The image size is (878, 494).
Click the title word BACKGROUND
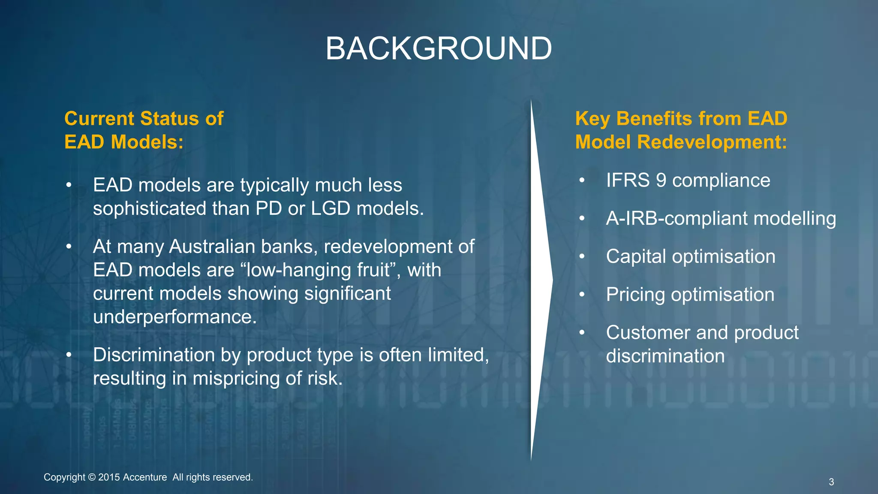(x=439, y=48)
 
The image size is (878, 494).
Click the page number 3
(x=831, y=482)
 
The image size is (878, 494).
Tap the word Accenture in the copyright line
(x=145, y=477)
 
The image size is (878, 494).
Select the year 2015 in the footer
(x=109, y=477)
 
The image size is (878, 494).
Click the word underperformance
(x=175, y=317)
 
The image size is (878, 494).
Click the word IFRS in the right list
(x=628, y=180)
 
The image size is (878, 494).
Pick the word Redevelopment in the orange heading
(x=712, y=142)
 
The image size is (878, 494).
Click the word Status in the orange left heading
(x=169, y=119)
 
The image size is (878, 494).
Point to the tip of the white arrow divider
(x=553, y=280)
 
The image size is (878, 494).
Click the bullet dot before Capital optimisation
(x=582, y=256)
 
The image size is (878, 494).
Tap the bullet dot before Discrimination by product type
(x=69, y=355)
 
